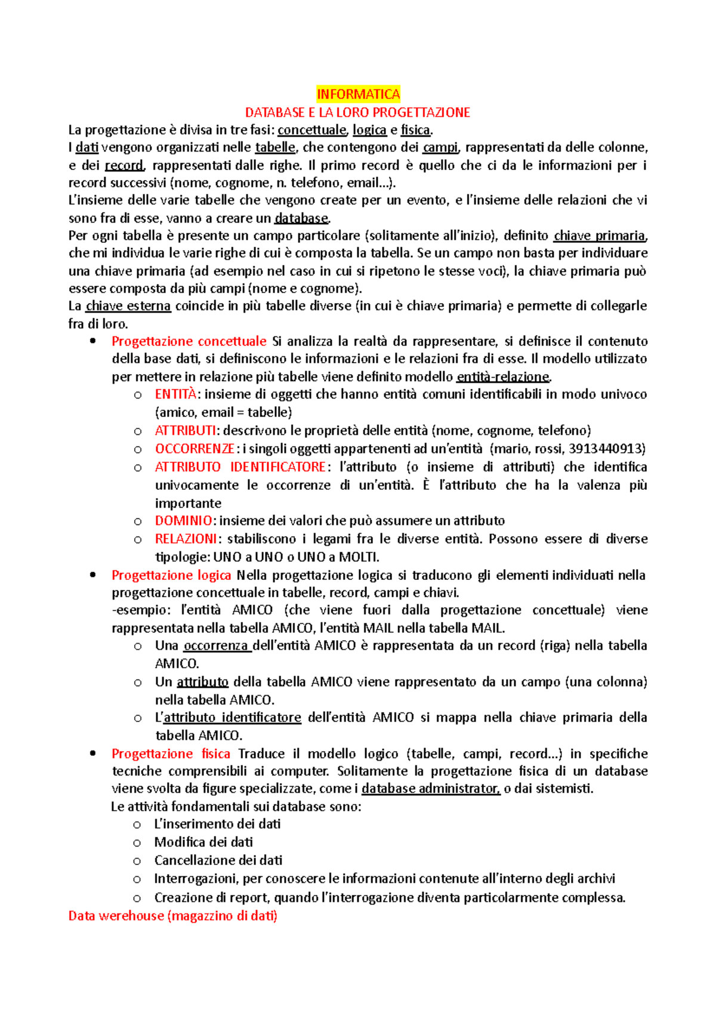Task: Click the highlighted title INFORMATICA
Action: coord(358,94)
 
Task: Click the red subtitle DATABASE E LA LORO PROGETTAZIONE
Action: coord(358,112)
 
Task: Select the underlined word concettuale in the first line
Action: coord(311,129)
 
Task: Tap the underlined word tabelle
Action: coord(275,147)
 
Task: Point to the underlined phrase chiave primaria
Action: coord(599,236)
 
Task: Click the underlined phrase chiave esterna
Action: coord(128,306)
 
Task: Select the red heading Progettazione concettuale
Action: coord(189,341)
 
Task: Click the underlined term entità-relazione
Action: coord(502,376)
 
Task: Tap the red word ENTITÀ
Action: coord(175,394)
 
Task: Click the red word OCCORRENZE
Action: coord(195,449)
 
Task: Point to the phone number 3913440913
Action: coord(607,449)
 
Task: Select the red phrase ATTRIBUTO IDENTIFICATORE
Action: coord(240,467)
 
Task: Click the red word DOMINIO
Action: coord(183,521)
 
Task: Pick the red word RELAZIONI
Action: coord(186,539)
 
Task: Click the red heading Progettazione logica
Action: coord(171,575)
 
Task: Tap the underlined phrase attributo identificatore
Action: coord(232,718)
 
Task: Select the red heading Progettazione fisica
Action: coord(171,753)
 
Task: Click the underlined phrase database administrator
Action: coord(430,789)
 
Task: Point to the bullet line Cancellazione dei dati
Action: coord(218,860)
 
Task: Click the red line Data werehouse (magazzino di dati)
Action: coord(173,916)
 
